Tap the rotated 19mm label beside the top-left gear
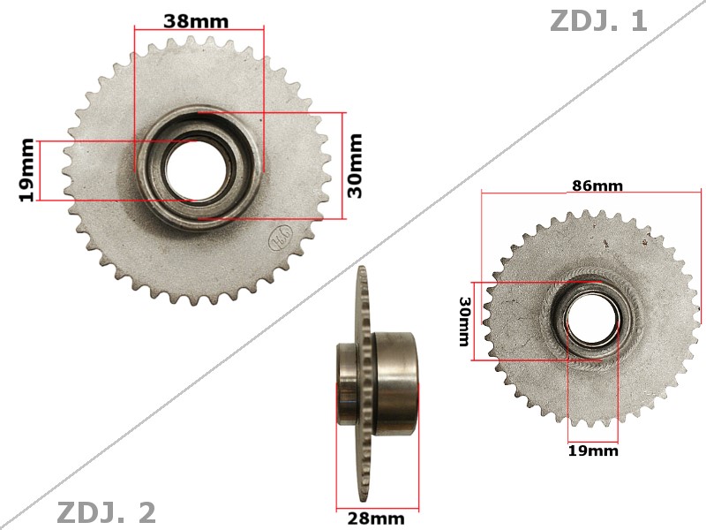coord(27,170)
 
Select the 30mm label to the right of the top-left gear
coord(355,165)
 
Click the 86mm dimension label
coord(597,185)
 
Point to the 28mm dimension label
coord(376,518)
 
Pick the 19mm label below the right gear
coord(593,450)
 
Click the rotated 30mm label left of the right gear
coord(465,322)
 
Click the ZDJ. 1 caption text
coord(598,20)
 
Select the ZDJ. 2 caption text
coord(106,512)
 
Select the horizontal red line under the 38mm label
coord(199,30)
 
